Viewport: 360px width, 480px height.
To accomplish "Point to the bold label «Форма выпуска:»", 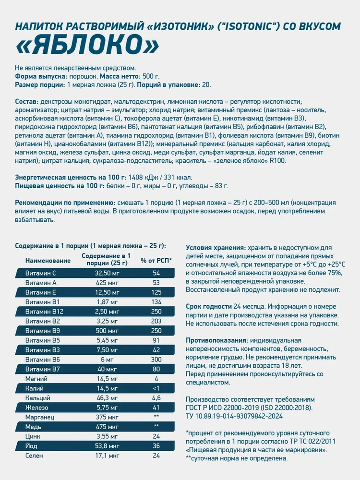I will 40,76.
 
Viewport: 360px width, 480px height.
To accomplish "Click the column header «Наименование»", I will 48,261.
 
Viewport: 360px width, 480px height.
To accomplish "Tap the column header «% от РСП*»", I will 156,261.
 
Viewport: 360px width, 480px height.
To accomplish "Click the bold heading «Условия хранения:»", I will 216,248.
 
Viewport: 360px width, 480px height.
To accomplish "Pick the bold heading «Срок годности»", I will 209,307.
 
